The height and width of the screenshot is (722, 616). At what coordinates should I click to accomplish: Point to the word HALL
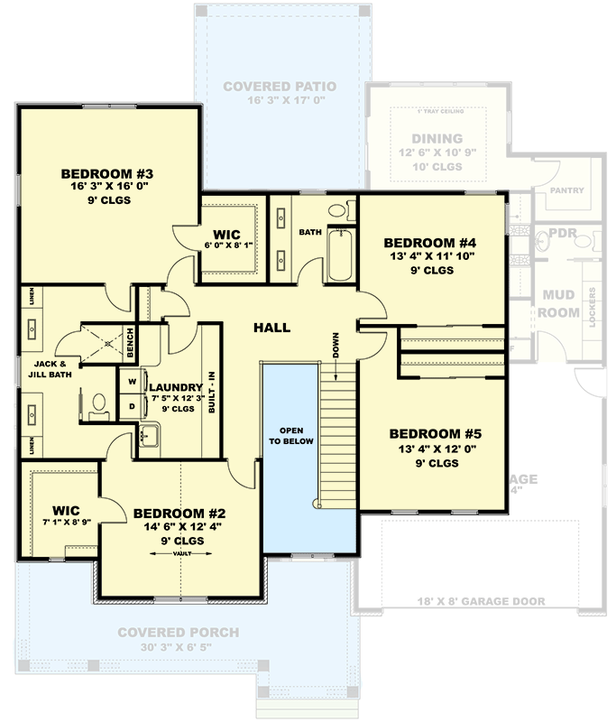click(x=271, y=327)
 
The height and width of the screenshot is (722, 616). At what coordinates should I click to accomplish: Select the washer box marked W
click(x=132, y=381)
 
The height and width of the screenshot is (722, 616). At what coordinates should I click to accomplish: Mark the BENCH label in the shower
click(x=131, y=340)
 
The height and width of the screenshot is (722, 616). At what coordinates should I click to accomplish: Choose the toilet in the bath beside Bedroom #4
click(x=338, y=211)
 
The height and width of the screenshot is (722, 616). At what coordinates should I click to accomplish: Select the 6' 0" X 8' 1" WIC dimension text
click(x=231, y=245)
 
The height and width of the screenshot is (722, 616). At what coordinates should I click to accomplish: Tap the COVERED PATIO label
click(x=280, y=87)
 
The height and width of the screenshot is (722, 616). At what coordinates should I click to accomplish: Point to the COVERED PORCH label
click(x=178, y=632)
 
